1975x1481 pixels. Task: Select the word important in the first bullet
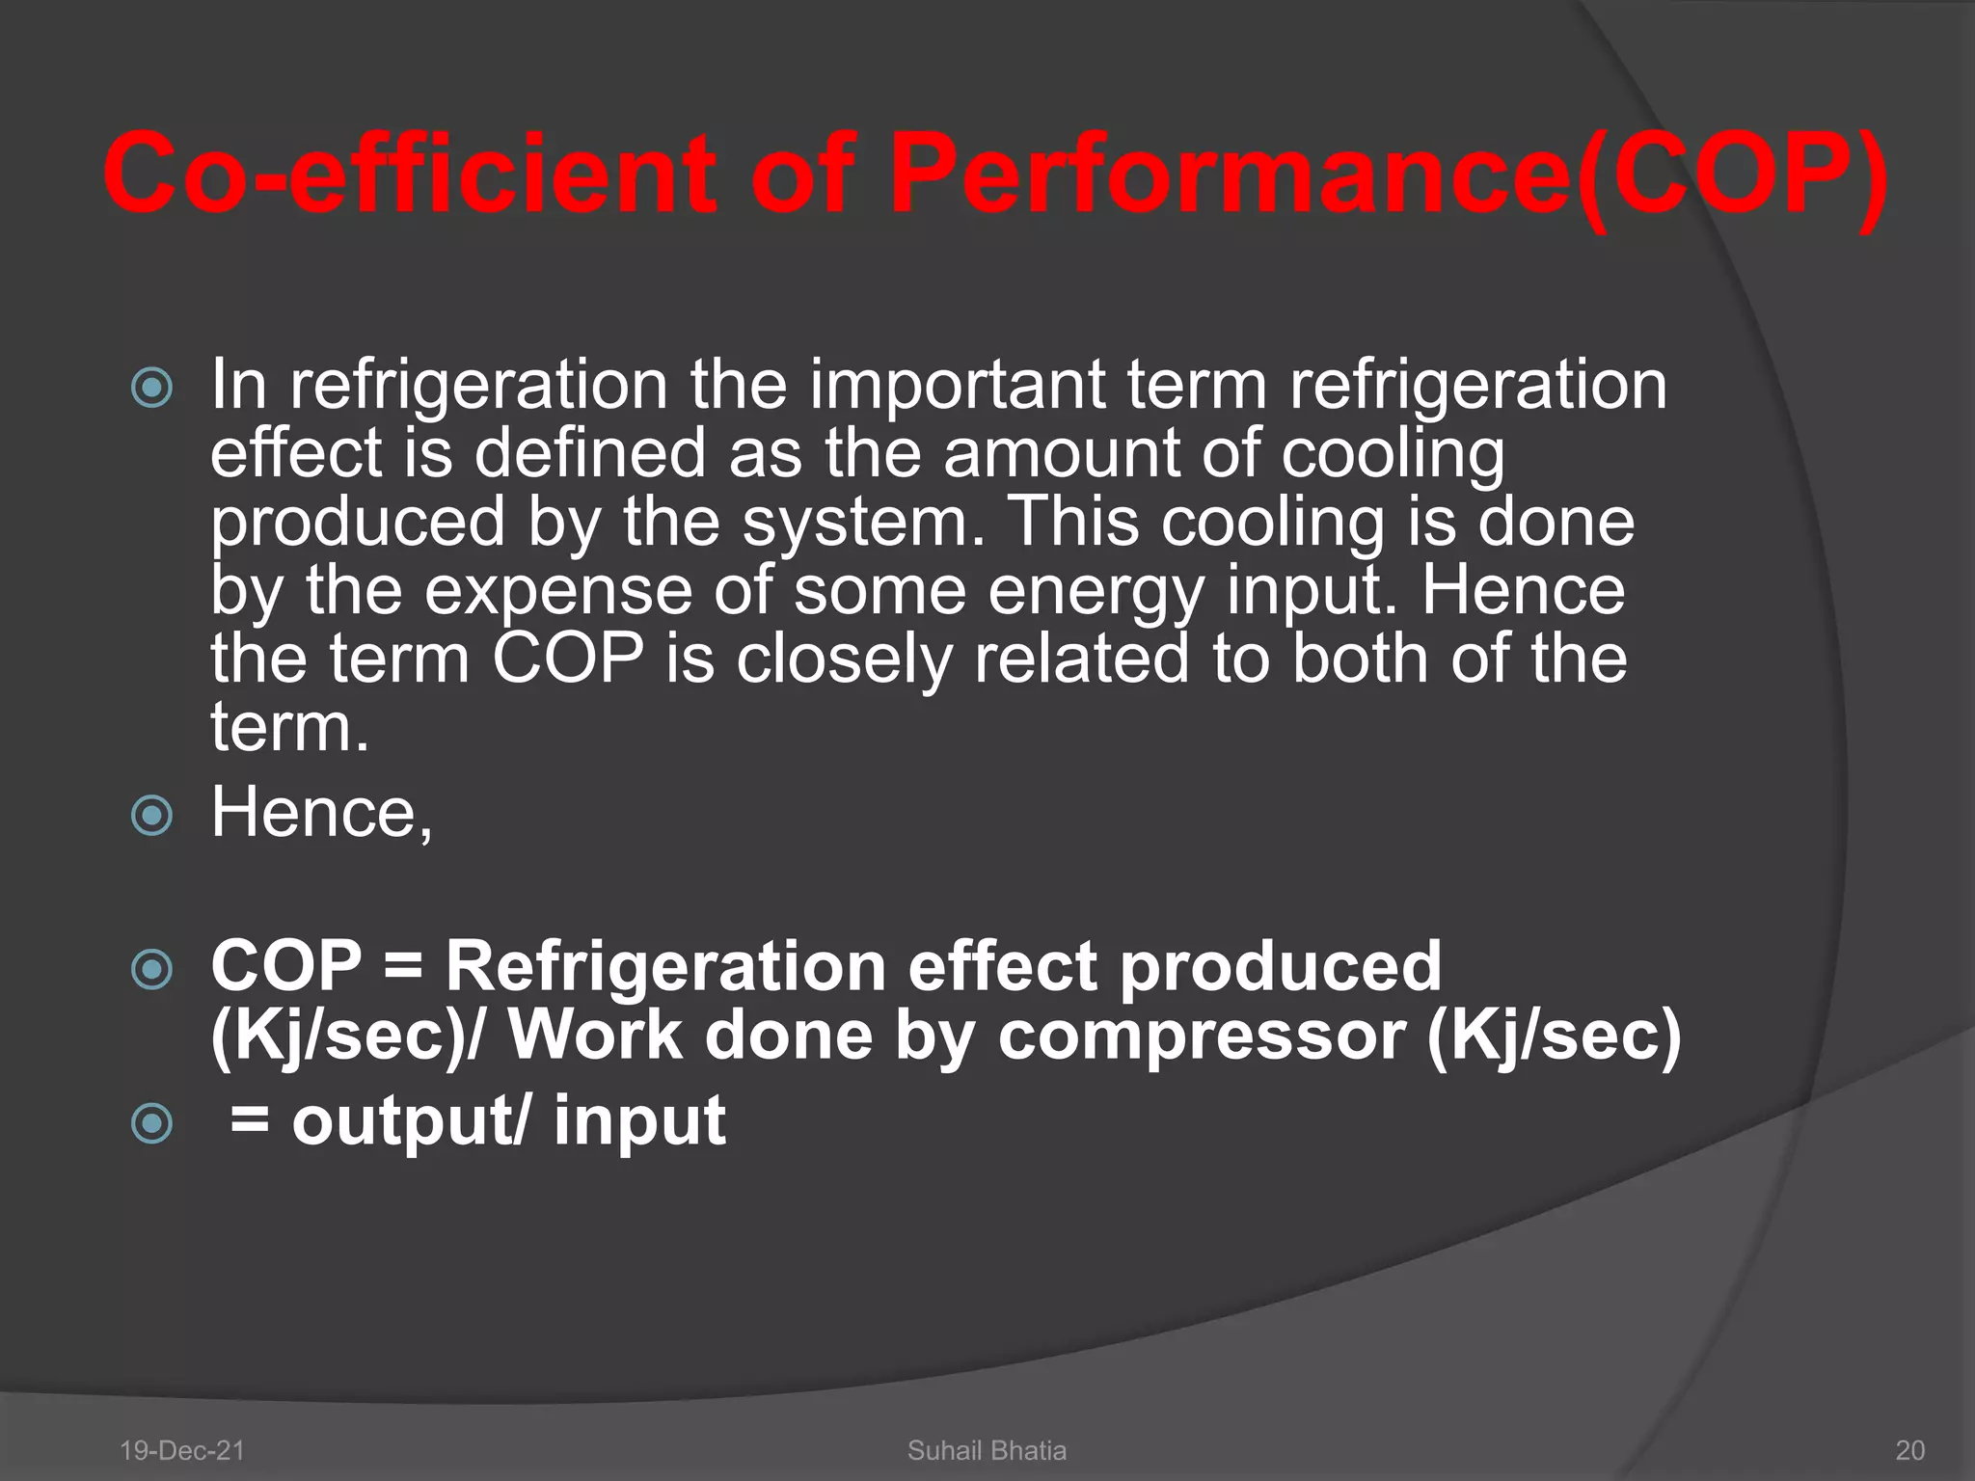tap(956, 385)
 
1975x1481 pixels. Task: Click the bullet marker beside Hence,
tap(151, 816)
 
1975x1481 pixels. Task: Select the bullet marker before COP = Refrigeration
tap(151, 969)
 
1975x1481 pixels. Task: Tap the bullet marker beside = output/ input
tap(151, 1123)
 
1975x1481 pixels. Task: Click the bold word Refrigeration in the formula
tap(664, 966)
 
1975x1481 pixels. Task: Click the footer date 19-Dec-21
tap(181, 1450)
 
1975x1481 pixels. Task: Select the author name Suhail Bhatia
tap(987, 1450)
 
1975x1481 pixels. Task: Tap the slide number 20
tap(1910, 1450)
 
